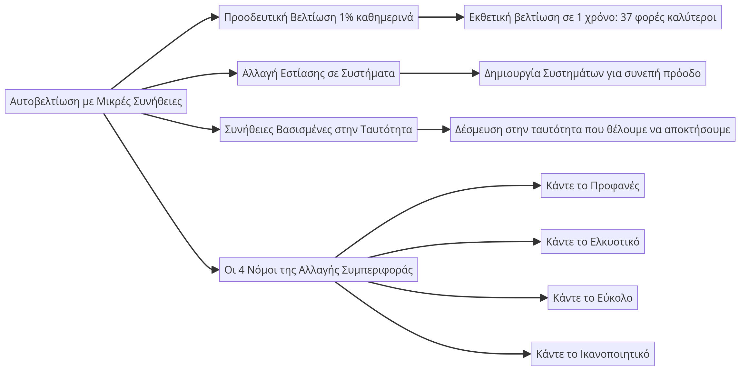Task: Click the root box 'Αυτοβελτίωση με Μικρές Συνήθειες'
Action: [96, 101]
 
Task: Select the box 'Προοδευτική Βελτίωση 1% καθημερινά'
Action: [318, 17]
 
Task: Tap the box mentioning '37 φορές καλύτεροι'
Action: [592, 17]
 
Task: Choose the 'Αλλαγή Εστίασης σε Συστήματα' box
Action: [318, 73]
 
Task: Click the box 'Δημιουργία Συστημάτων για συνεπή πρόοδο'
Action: [592, 73]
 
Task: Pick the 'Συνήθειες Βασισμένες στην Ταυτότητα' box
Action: [318, 129]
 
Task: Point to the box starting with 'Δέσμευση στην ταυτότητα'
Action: [592, 129]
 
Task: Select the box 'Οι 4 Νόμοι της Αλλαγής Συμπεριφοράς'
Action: [318, 270]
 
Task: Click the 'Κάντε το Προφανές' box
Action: [592, 185]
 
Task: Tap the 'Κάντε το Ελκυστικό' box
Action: [592, 242]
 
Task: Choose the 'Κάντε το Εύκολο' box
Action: [592, 298]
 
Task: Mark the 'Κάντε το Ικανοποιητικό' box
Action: [592, 354]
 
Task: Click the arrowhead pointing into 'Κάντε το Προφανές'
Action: [537, 185]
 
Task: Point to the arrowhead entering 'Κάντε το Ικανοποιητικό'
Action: [527, 354]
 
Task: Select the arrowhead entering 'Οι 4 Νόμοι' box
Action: [215, 270]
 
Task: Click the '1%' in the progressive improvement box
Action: [346, 17]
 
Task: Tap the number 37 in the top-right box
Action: [626, 17]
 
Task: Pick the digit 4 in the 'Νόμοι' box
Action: [241, 270]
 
